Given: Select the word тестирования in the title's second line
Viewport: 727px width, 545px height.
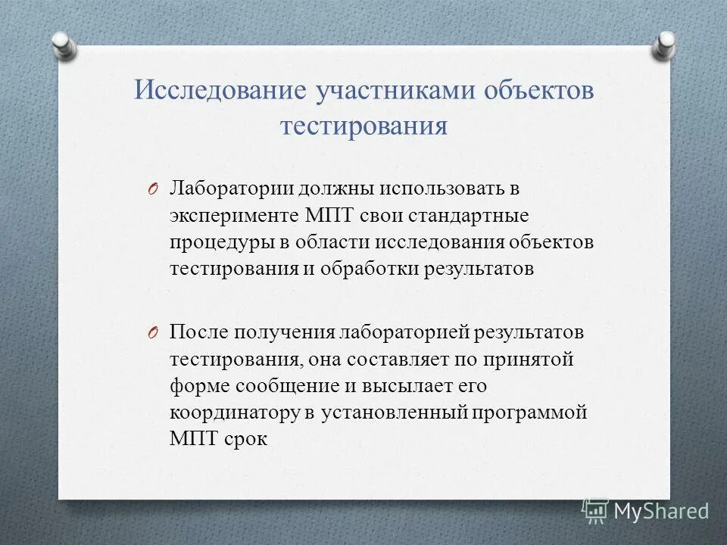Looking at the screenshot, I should tap(363, 126).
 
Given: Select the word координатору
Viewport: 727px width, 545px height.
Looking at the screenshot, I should tap(230, 413).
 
